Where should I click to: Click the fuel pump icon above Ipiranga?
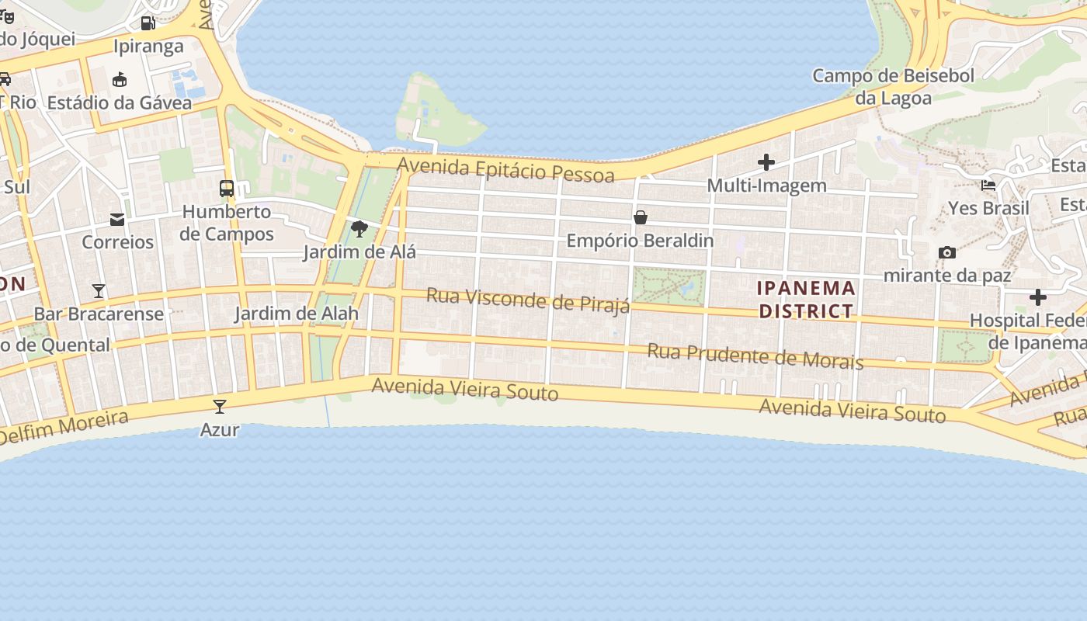pos(148,23)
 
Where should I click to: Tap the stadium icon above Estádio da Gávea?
pos(120,79)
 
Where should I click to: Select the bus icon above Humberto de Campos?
pos(227,188)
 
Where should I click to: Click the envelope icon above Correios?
pos(117,220)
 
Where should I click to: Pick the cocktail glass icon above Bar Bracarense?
pos(99,291)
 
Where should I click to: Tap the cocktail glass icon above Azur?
pos(220,406)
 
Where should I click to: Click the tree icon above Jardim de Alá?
pos(359,228)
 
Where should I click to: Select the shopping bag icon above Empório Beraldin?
pos(641,217)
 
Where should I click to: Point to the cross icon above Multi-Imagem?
pos(766,162)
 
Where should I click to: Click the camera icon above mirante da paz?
pos(947,252)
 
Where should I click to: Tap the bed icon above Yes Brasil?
pos(988,186)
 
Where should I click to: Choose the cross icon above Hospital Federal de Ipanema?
pos(1038,297)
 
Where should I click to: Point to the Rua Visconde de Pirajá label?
pos(528,300)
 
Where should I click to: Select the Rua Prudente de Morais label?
pos(755,356)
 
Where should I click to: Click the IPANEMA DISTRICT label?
pos(806,300)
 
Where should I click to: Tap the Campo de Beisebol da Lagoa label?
pos(893,87)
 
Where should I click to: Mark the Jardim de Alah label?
pos(297,314)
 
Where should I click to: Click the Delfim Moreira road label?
pos(64,428)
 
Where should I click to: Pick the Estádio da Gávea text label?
pos(120,102)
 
